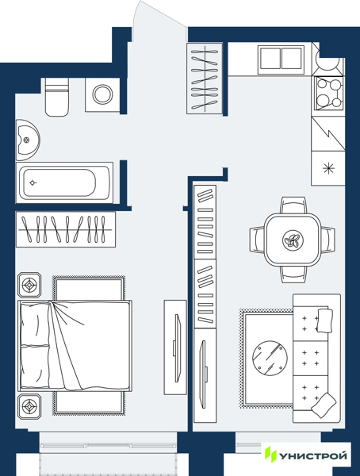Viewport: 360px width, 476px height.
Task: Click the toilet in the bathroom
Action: click(57, 97)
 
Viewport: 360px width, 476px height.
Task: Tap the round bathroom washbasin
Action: click(27, 140)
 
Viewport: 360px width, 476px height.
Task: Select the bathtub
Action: click(64, 182)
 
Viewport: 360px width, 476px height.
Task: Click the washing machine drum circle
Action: click(102, 94)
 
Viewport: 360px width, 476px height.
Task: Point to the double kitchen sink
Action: click(281, 59)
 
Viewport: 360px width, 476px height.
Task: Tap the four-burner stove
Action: click(329, 93)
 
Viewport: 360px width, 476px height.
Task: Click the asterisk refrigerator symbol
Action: click(328, 168)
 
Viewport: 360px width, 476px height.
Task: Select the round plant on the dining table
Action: click(293, 240)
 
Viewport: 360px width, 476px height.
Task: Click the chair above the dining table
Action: click(293, 205)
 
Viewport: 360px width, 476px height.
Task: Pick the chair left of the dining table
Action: click(257, 240)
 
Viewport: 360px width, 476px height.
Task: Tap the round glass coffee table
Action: click(270, 358)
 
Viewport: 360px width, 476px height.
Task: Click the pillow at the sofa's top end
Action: click(324, 321)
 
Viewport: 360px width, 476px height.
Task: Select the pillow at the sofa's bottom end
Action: click(324, 405)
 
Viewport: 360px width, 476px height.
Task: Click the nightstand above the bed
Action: click(29, 285)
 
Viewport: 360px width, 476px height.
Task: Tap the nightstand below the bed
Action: click(29, 407)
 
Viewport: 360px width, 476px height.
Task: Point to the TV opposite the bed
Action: click(177, 348)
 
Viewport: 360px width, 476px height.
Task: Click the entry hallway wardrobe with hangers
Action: click(205, 79)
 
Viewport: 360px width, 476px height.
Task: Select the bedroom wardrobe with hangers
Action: click(66, 229)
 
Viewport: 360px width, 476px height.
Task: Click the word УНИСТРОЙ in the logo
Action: click(312, 455)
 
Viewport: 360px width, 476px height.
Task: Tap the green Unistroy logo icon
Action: click(270, 454)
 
